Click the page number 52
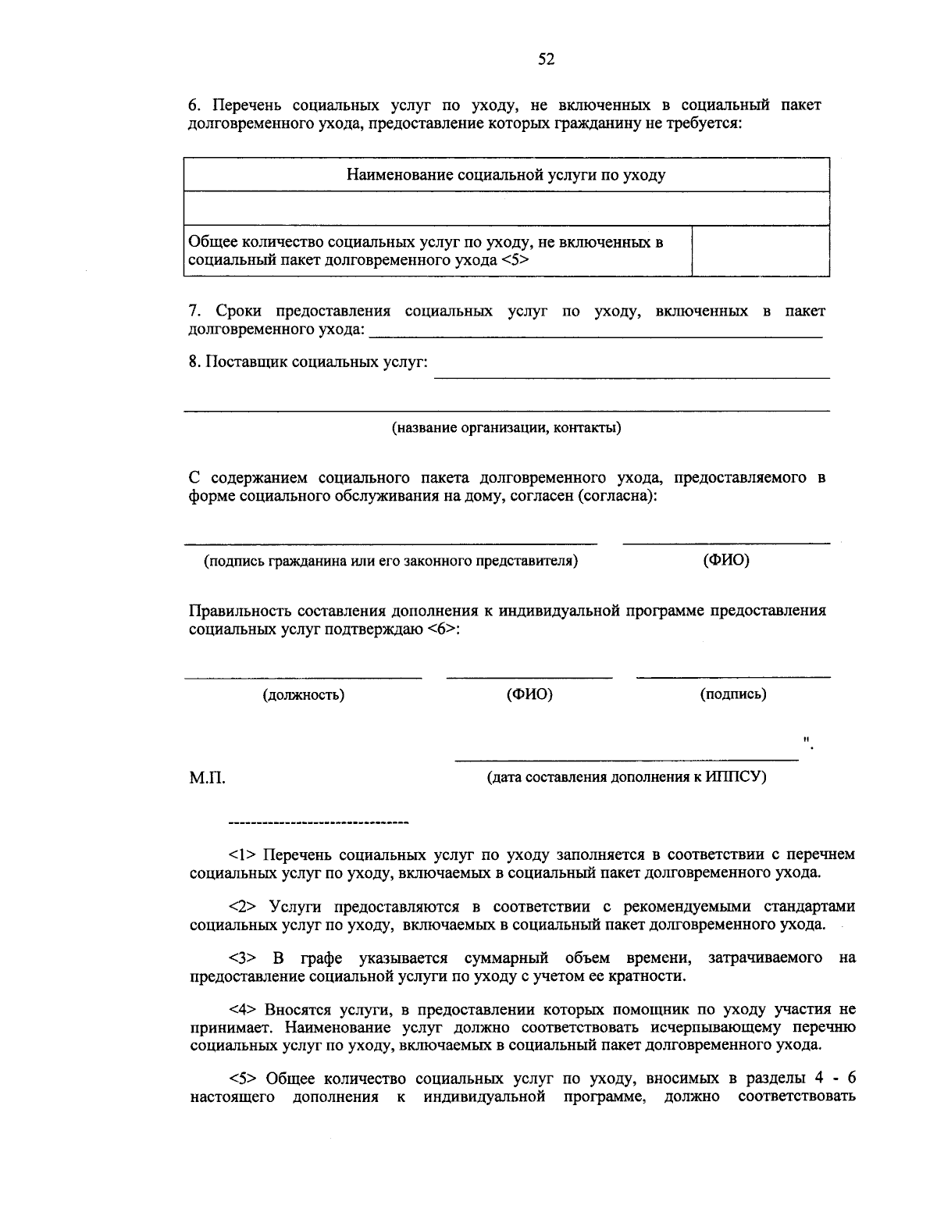click(546, 59)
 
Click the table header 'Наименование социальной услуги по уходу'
click(506, 175)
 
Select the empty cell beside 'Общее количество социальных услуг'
click(761, 251)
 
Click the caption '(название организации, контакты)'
click(506, 428)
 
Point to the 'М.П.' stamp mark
click(207, 778)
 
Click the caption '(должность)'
click(303, 695)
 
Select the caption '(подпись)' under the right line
click(732, 694)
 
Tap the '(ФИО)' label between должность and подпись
click(529, 694)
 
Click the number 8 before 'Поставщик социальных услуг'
click(193, 363)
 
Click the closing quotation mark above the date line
click(807, 739)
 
